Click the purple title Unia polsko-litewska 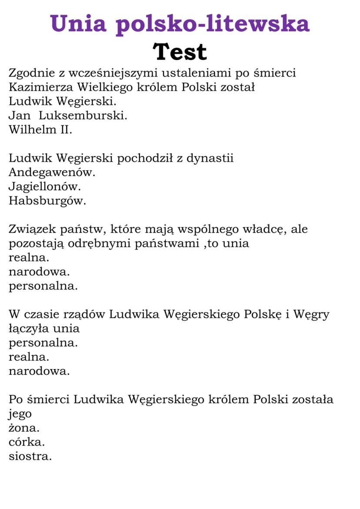click(x=180, y=23)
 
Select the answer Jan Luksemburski click(x=68, y=116)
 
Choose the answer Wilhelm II click(x=40, y=130)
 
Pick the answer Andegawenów click(x=52, y=172)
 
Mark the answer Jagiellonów click(x=45, y=186)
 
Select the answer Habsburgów click(x=47, y=200)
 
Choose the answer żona click(x=24, y=428)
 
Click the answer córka click(x=27, y=442)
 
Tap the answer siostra click(x=30, y=456)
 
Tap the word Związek click(x=31, y=229)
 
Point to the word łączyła click(x=29, y=329)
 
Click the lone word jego click(x=20, y=414)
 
